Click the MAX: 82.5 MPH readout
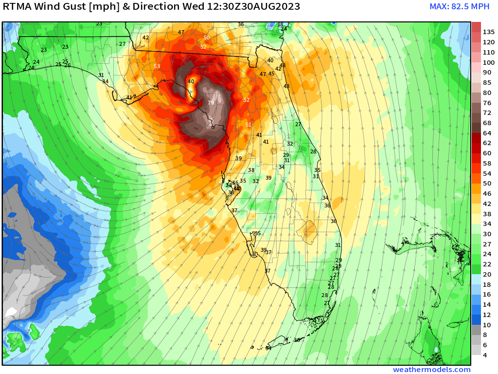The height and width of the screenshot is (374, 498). point(459,7)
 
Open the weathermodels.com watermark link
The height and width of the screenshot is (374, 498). point(432,370)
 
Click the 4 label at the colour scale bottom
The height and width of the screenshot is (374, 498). point(485,355)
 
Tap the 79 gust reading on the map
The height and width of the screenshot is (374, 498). point(211,103)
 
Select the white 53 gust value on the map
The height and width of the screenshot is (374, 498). point(157,66)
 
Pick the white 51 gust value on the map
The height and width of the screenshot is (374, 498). point(249,125)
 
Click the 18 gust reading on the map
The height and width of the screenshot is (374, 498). point(280,24)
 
